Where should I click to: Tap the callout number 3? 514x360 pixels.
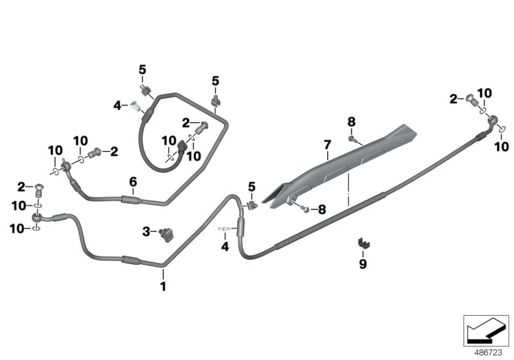tap(146, 231)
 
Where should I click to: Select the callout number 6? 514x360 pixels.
tap(133, 182)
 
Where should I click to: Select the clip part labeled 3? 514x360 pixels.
tap(168, 233)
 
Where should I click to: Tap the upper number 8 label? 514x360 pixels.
tap(351, 122)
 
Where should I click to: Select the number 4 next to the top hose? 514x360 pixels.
tap(116, 105)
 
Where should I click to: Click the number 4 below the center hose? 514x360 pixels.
tap(225, 246)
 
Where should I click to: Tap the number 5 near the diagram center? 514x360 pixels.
tap(251, 187)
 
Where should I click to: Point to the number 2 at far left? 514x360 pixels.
tap(21, 186)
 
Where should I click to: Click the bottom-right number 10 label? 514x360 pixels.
tap(501, 147)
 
